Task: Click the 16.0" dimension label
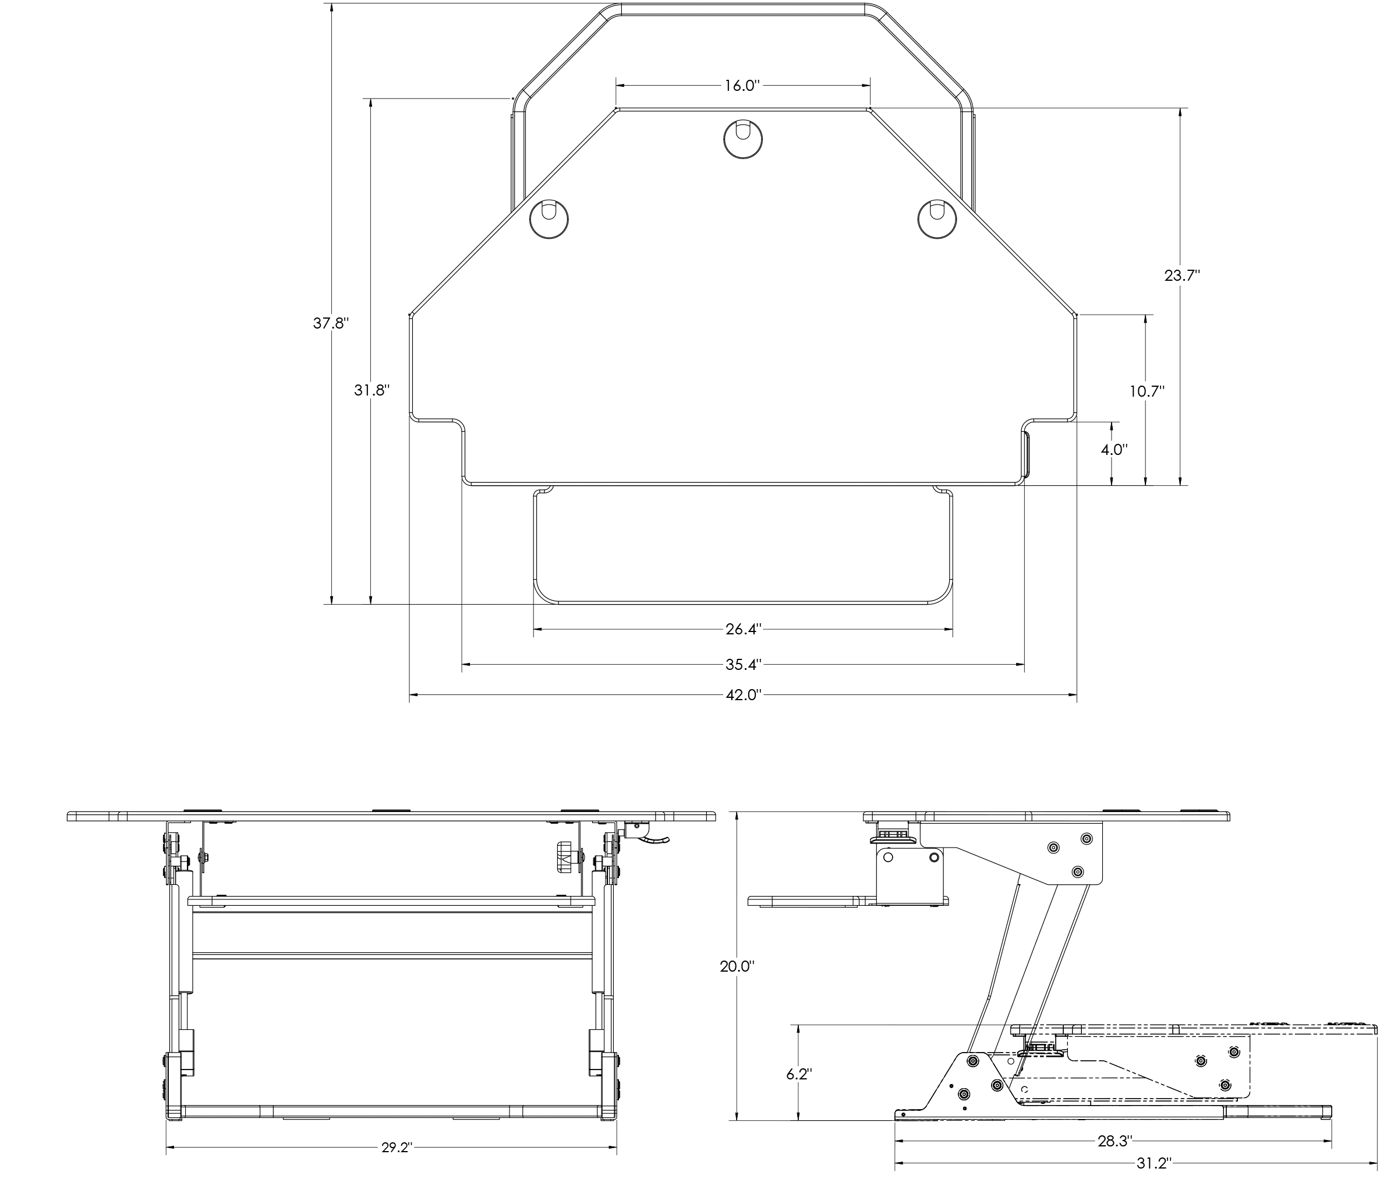[741, 86]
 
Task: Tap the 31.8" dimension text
[372, 391]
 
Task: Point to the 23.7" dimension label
[1181, 275]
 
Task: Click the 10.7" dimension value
[1146, 391]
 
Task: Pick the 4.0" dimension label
[1113, 450]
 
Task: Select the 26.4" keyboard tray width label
[743, 630]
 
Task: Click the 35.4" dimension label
[743, 665]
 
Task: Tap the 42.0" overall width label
[743, 695]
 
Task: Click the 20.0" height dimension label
[737, 967]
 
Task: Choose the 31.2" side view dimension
[1154, 1163]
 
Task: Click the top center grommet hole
[743, 139]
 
